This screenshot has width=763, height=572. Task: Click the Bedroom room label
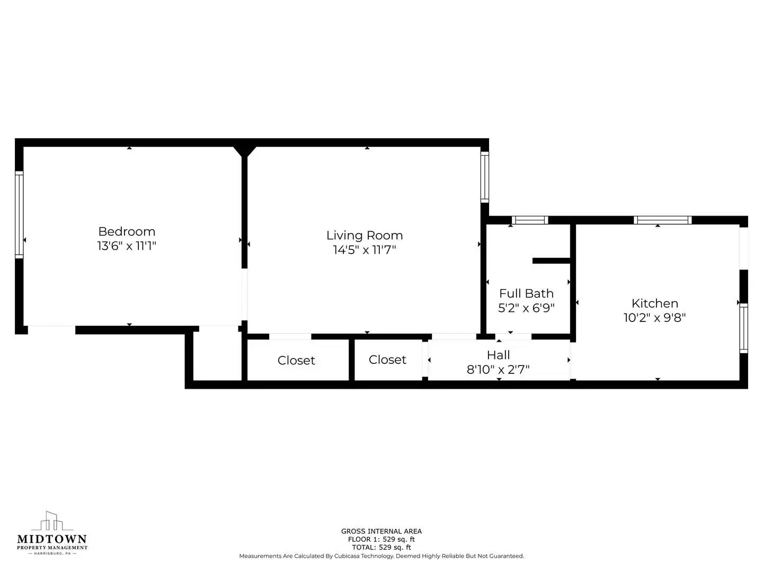pyautogui.click(x=127, y=231)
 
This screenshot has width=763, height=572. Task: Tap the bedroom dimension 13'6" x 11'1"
pyautogui.click(x=127, y=246)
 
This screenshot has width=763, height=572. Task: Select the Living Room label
pyautogui.click(x=365, y=235)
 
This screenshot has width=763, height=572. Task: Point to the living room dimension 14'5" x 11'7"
pyautogui.click(x=365, y=249)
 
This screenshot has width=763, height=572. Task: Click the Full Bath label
pyautogui.click(x=526, y=293)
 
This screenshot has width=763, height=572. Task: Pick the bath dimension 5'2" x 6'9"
pyautogui.click(x=526, y=308)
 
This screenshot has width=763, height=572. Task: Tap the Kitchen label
pyautogui.click(x=655, y=303)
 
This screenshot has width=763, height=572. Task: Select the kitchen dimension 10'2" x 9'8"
pyautogui.click(x=655, y=318)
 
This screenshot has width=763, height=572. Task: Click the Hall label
pyautogui.click(x=498, y=355)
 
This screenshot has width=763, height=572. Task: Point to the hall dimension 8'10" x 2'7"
pyautogui.click(x=498, y=369)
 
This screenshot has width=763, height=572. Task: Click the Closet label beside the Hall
pyautogui.click(x=387, y=360)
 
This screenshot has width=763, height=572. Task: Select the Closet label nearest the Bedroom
pyautogui.click(x=296, y=360)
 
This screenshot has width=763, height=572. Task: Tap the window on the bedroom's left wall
pyautogui.click(x=19, y=215)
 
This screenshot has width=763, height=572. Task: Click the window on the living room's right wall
pyautogui.click(x=484, y=177)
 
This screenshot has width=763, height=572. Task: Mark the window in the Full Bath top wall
pyautogui.click(x=530, y=220)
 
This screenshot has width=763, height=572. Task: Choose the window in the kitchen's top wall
pyautogui.click(x=662, y=220)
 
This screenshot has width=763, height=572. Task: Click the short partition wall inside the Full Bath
pyautogui.click(x=551, y=261)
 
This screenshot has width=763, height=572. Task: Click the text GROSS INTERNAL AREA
pyautogui.click(x=381, y=531)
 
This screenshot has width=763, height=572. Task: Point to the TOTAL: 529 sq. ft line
pyautogui.click(x=381, y=548)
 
